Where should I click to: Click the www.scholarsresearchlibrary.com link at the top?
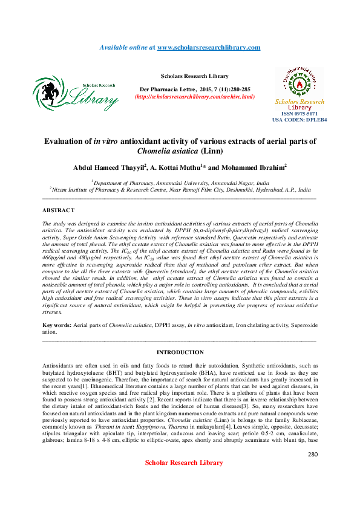click(209, 47)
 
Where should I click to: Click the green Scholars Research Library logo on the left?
click(75, 94)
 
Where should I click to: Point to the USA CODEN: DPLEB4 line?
click(299, 120)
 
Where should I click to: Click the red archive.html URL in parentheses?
click(194, 97)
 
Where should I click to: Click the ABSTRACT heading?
click(58, 210)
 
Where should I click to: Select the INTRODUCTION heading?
click(180, 352)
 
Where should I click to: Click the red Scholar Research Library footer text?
click(180, 479)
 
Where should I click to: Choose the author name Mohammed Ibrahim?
click(255, 167)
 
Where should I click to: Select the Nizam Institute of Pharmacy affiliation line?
click(180, 189)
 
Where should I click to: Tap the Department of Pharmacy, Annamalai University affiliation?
click(179, 181)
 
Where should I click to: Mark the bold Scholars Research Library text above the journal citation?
click(194, 76)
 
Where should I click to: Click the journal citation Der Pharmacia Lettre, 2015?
click(194, 88)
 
